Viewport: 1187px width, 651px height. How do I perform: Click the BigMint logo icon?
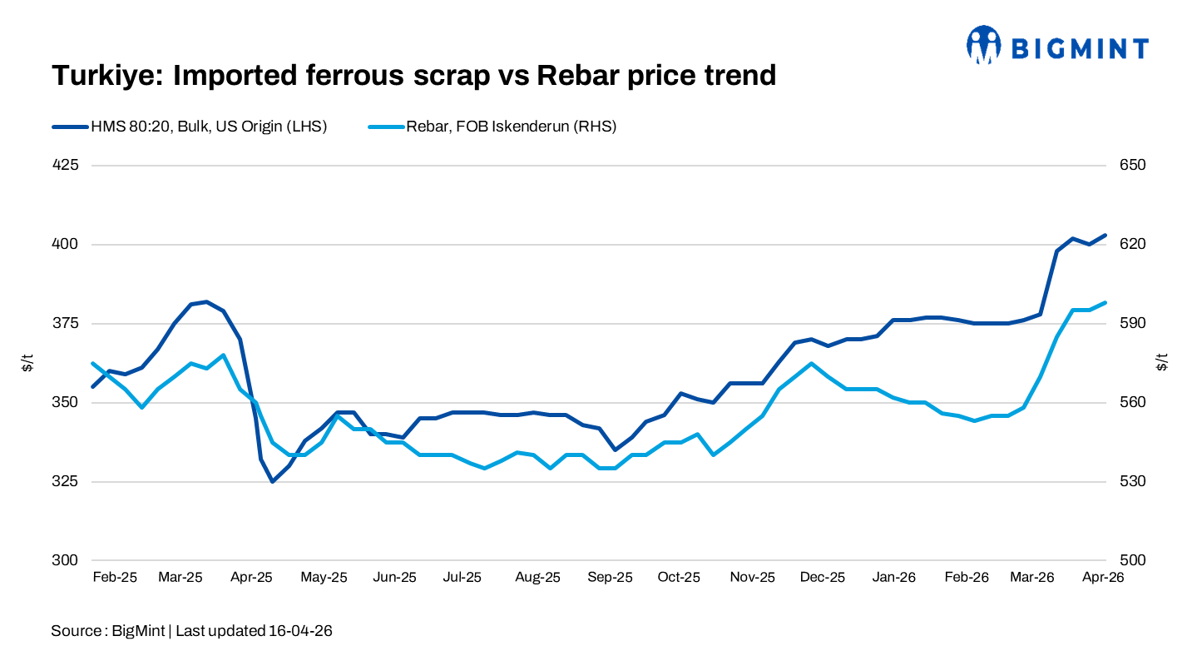tap(983, 45)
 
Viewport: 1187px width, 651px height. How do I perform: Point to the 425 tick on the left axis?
tap(67, 165)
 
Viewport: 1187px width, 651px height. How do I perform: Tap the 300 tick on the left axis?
tap(67, 560)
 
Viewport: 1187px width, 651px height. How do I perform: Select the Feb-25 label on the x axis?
tap(115, 577)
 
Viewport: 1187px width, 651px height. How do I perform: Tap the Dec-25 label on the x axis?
tap(823, 577)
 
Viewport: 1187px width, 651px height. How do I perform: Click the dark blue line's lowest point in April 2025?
tap(272, 481)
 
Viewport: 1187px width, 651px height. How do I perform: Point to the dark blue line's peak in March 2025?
tap(206, 301)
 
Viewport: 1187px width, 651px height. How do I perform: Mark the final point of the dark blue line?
tap(1105, 235)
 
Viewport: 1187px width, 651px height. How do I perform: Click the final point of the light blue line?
tap(1105, 303)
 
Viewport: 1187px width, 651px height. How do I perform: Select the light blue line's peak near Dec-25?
tap(810, 364)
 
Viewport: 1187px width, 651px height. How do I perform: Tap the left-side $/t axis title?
tap(28, 363)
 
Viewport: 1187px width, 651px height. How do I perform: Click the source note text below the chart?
tap(191, 630)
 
